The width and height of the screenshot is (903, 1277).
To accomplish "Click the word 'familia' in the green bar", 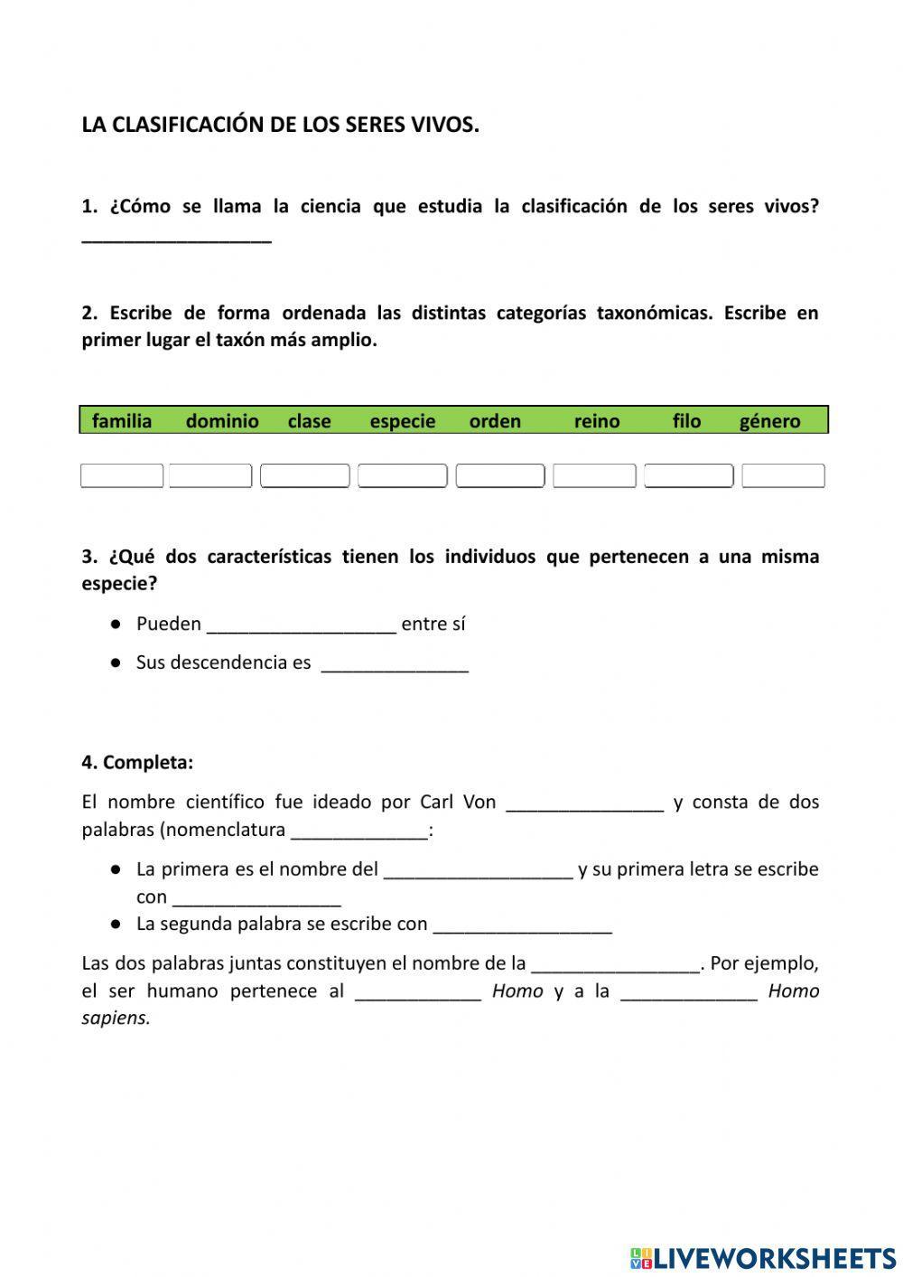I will point(122,421).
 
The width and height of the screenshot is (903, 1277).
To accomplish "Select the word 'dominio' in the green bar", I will point(222,421).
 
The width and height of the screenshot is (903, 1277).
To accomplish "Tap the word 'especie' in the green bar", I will point(402,421).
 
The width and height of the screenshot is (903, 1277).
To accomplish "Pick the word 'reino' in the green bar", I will point(597,421).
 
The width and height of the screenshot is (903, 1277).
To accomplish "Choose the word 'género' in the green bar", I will point(769,421).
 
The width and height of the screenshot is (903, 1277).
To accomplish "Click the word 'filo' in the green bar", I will point(686,421).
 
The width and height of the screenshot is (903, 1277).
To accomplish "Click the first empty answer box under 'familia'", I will point(122,475).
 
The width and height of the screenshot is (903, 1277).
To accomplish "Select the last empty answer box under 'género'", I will point(783,475).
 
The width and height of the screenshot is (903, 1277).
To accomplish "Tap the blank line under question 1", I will point(176,237).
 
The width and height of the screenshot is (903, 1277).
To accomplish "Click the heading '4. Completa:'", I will point(137,762).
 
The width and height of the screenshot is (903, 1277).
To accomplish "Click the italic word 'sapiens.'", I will point(116,1018).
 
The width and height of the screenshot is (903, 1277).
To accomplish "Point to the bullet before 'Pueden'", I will point(116,624).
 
